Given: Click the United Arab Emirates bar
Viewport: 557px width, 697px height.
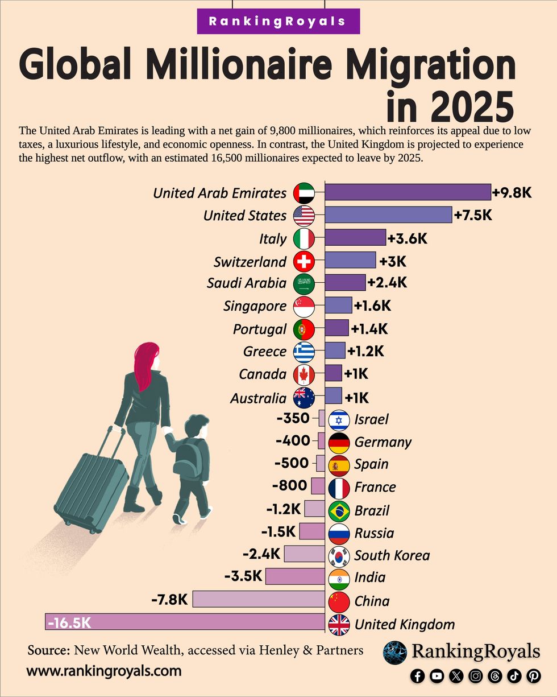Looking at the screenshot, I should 407,192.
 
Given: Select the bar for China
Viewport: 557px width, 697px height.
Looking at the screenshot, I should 258,599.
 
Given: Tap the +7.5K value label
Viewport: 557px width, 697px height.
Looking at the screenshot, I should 473,215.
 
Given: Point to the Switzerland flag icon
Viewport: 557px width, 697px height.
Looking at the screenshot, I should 304,262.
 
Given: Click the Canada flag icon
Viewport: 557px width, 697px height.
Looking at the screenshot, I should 304,374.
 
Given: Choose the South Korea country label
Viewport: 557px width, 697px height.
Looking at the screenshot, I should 392,555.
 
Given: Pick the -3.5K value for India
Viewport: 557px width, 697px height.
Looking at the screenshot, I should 243,576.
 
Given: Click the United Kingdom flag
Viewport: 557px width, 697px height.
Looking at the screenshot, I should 339,625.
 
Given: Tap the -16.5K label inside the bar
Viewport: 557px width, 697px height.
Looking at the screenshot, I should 69,622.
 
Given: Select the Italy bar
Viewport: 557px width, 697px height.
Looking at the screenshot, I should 355,237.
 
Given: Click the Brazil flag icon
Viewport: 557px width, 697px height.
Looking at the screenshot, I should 339,510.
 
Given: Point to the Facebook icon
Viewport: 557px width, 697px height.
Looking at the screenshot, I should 417,676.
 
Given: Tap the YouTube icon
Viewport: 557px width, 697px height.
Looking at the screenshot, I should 437,676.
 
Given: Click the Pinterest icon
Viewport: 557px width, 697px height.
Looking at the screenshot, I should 533,676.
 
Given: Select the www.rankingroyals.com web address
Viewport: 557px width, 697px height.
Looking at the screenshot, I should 103,671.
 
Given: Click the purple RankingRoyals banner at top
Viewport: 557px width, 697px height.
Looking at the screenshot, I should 278,22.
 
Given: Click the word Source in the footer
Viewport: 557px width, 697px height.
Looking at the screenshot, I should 48,650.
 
